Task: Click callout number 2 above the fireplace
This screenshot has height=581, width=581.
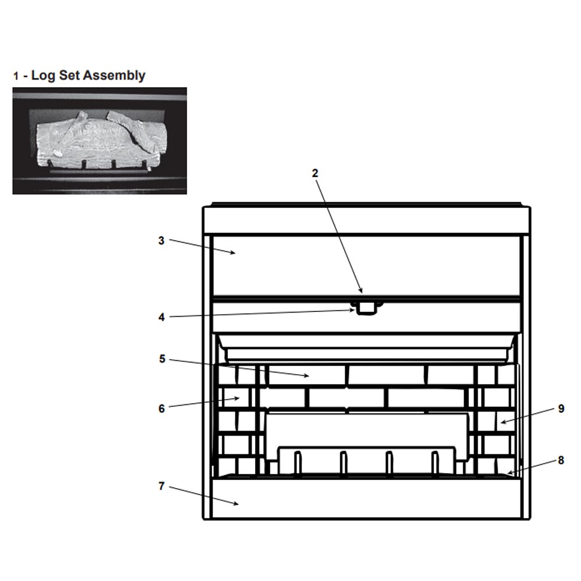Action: [x=315, y=173]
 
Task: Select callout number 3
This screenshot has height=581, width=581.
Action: [x=161, y=241]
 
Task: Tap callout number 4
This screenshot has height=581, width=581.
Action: [x=162, y=317]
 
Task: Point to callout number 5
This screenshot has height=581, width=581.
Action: [x=162, y=358]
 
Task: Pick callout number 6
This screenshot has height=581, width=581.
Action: [x=162, y=408]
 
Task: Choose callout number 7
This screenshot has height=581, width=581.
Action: [x=161, y=486]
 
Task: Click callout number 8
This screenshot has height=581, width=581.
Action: [x=561, y=460]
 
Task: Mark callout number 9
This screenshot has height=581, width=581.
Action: [x=561, y=408]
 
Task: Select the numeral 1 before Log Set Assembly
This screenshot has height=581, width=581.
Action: [x=16, y=76]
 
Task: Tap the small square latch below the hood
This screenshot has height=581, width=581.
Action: [x=366, y=309]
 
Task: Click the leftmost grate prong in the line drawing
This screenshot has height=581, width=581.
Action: [x=297, y=462]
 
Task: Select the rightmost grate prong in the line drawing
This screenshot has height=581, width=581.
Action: [x=435, y=462]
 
